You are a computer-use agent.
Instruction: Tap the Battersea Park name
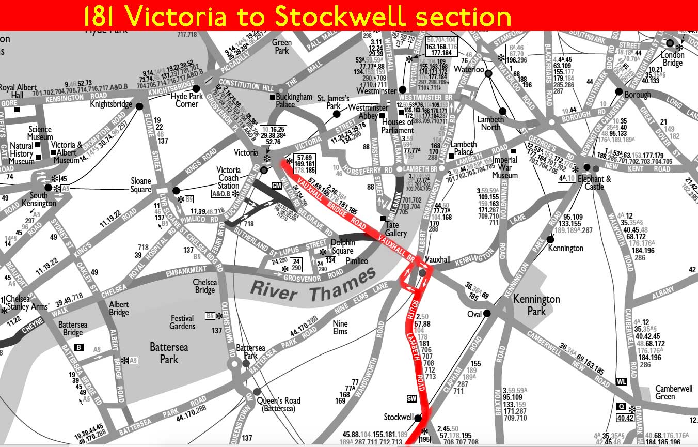click(169, 353)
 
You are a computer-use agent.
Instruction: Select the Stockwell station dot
click(418, 418)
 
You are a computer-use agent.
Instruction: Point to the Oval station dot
click(487, 313)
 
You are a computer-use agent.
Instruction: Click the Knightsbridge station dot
click(139, 106)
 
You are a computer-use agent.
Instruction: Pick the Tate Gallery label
click(396, 230)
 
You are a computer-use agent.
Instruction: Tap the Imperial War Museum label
click(504, 167)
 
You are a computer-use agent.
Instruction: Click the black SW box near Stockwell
click(411, 398)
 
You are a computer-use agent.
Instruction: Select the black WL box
click(622, 382)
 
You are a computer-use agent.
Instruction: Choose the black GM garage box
click(277, 185)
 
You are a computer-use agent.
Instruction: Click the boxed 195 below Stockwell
click(424, 440)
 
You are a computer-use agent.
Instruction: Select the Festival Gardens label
click(182, 322)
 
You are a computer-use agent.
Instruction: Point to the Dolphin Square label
click(342, 247)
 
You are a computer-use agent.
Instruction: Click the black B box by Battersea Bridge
click(78, 347)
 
